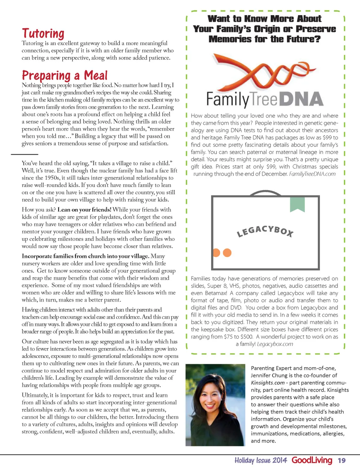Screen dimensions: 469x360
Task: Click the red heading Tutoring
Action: [43, 33]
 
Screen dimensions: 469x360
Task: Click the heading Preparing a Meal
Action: [64, 76]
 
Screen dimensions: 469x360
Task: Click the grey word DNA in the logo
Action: [303, 99]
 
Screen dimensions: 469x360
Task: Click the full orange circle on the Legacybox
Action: [227, 252]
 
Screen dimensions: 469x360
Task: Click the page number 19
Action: [341, 461]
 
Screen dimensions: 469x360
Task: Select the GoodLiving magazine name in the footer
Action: [312, 460]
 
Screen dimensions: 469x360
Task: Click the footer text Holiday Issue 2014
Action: [261, 461]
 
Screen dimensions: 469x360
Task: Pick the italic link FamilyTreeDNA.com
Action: [312, 174]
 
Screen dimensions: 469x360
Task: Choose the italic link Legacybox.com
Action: [275, 344]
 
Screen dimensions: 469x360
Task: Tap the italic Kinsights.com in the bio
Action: [268, 383]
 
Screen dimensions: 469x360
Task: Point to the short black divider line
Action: [24, 154]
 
